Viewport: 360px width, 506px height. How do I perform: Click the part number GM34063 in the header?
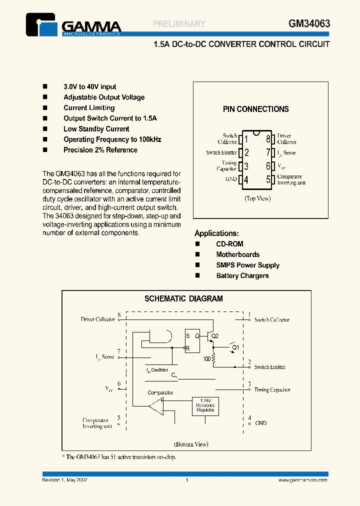309,23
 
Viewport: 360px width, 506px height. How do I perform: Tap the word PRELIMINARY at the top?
179,23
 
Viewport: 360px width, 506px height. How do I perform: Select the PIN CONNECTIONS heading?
255,109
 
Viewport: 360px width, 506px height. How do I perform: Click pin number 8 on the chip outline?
268,139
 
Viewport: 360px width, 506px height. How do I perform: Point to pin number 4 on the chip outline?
245,179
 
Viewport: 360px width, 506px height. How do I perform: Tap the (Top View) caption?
257,198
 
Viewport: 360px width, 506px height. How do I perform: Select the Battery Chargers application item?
242,275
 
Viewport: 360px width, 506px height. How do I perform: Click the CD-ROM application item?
229,244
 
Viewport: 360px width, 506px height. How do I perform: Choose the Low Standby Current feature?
96,129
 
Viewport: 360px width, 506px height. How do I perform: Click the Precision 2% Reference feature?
100,150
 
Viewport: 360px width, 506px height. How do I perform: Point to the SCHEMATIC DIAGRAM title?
183,299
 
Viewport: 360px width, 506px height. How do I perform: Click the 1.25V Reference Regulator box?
206,406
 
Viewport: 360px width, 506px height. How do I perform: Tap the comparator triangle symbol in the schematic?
155,406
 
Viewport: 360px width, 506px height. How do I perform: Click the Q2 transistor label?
215,336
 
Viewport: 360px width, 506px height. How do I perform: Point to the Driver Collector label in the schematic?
98,319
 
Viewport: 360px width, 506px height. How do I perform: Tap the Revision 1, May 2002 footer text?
65,480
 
